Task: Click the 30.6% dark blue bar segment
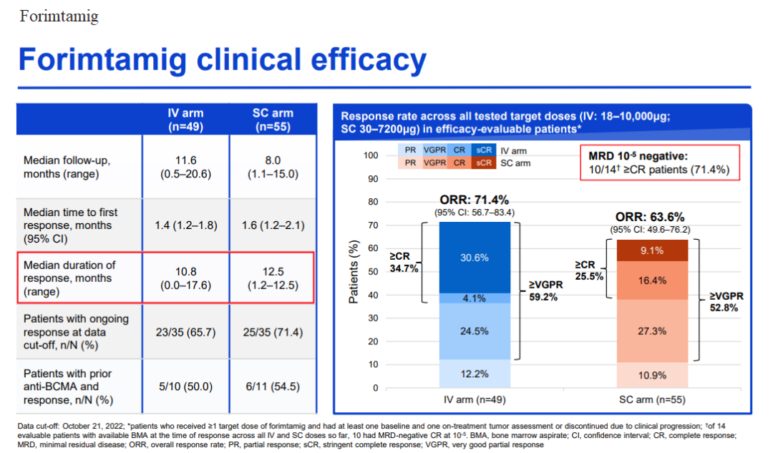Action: (475, 258)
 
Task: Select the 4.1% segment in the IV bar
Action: (475, 298)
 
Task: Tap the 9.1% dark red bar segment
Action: (652, 250)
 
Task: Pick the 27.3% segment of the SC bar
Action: (652, 331)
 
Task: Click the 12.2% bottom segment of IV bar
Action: (475, 374)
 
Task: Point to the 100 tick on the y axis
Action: (371, 155)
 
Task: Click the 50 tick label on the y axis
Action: (373, 272)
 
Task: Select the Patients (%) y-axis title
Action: (354, 272)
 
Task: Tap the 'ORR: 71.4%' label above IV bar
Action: (475, 200)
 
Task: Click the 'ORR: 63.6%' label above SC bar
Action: (650, 217)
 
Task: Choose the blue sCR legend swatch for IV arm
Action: (484, 150)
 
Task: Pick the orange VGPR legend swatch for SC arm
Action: (435, 162)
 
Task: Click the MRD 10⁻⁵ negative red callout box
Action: (660, 162)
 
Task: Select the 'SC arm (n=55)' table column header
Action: (273, 120)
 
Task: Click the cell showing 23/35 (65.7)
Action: (186, 332)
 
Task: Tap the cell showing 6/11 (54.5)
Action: (273, 386)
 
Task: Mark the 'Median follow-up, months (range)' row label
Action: (67, 167)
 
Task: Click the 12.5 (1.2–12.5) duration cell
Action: (273, 278)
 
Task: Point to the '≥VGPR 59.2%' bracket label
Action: (545, 291)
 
